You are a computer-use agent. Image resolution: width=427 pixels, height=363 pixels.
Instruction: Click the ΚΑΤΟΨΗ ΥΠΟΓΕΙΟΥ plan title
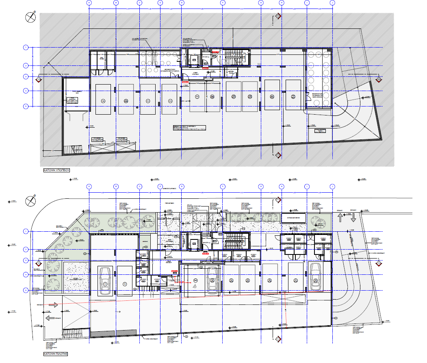(56, 171)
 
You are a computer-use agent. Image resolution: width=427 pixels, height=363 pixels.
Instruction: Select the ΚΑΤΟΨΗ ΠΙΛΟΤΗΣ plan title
(55, 354)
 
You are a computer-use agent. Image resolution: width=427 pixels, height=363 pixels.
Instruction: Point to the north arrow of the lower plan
(30, 201)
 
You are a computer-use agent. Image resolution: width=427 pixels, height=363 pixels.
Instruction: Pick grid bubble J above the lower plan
(332, 186)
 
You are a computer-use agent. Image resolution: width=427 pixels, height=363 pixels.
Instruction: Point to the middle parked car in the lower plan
(212, 280)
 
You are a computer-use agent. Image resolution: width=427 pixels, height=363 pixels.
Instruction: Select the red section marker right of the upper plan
(378, 79)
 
